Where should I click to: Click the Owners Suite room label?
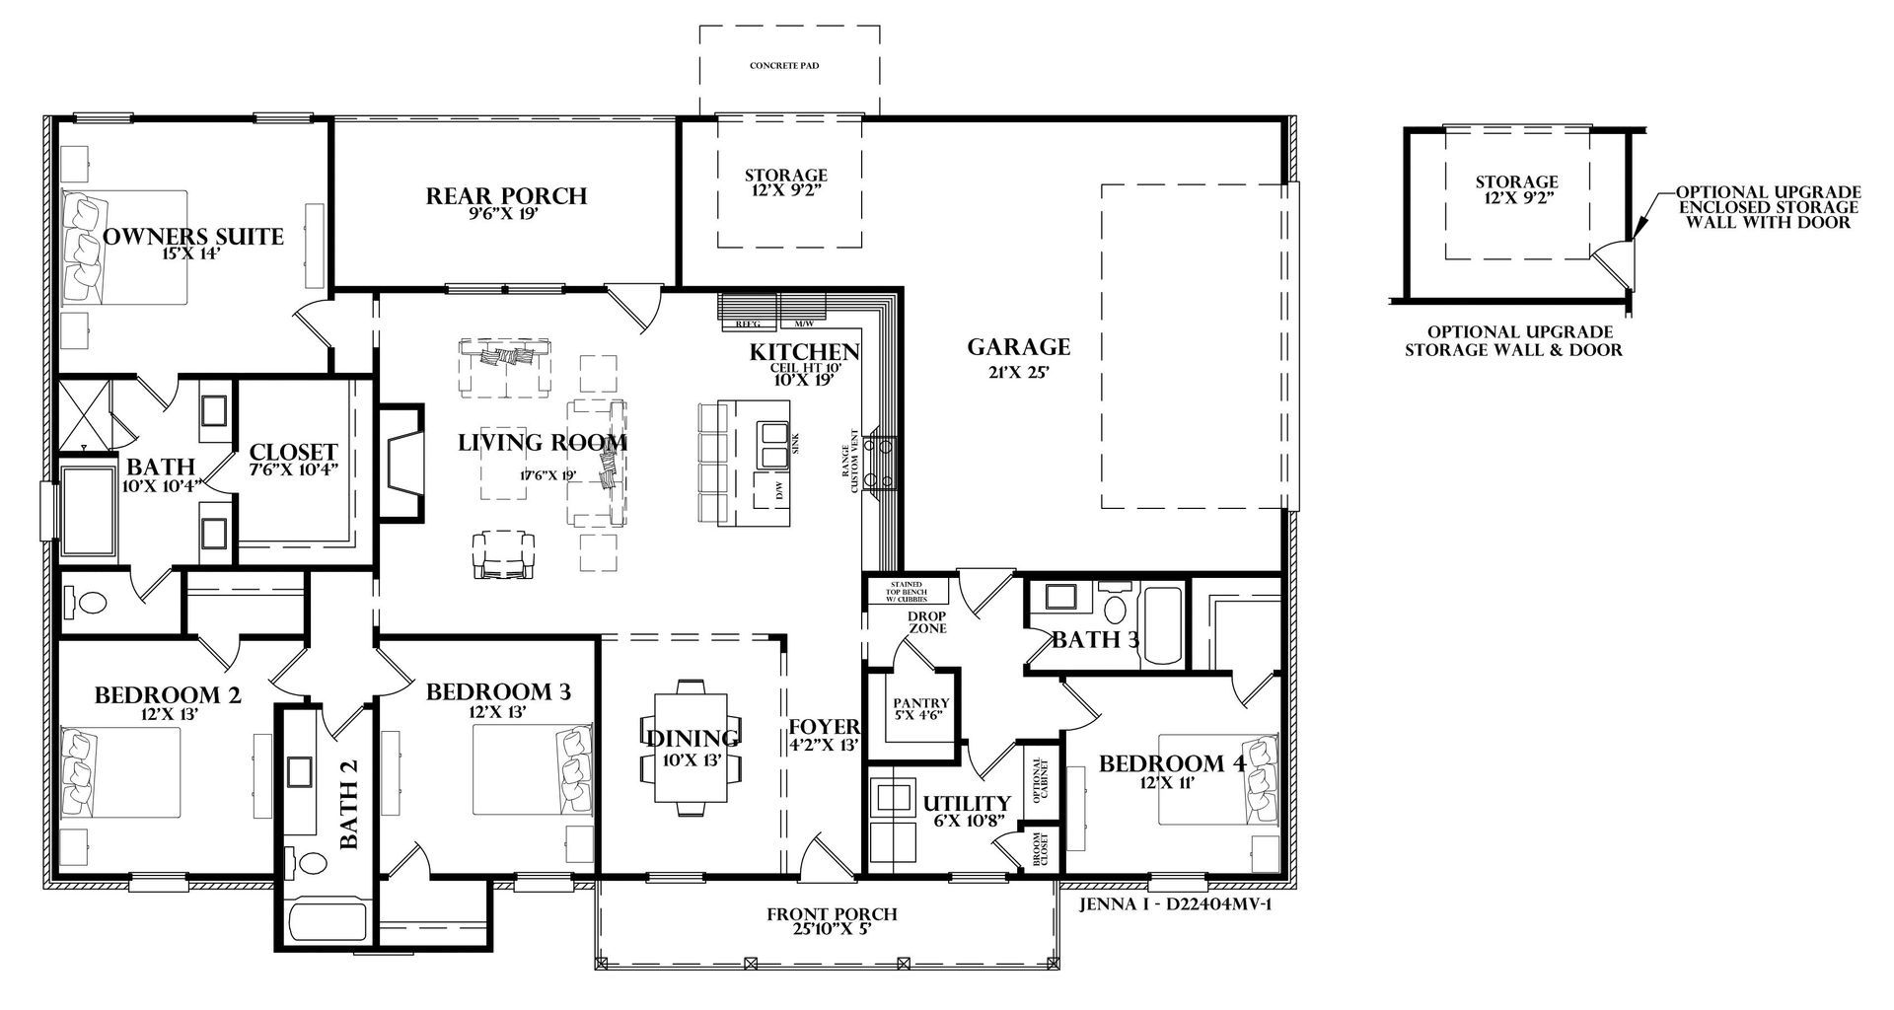193,237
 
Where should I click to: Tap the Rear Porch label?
506,196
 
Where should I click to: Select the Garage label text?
1018,347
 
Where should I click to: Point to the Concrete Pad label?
784,66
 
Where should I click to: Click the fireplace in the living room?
401,462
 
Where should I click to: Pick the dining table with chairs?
691,747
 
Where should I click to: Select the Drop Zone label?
927,622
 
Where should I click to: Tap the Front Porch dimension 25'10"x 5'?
833,929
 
